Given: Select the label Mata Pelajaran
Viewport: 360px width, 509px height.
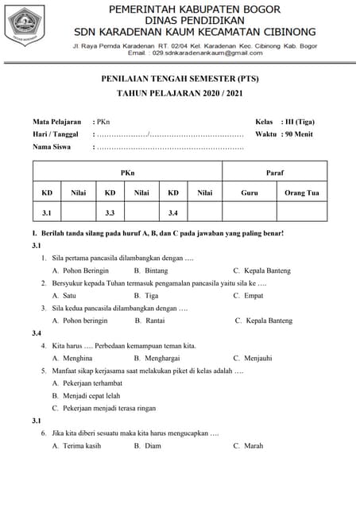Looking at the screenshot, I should point(56,122).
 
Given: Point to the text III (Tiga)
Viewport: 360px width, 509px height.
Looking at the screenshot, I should point(298,122).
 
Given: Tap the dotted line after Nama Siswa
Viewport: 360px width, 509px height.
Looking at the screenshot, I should point(169,148).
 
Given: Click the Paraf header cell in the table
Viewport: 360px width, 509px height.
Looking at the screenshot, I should point(274,172).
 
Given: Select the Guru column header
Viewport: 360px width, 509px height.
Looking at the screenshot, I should point(250,192).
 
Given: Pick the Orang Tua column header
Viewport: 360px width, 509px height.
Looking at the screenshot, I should point(301,192).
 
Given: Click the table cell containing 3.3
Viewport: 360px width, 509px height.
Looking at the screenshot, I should point(110,212).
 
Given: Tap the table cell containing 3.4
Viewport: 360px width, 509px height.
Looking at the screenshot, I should point(173,212).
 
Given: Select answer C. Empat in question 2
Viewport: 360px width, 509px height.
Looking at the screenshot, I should point(248,295).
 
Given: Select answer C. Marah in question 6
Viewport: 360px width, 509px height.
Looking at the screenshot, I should point(248,445).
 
